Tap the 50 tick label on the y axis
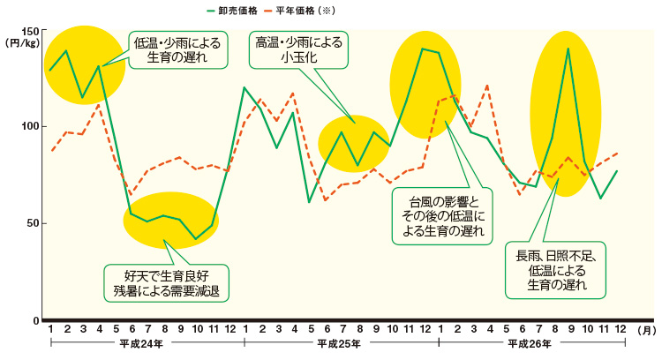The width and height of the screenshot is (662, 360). pos(31,223)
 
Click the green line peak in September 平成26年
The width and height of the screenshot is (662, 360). pos(568,49)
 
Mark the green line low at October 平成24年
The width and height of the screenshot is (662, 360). pos(196,239)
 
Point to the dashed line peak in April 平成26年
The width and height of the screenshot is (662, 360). pos(487,86)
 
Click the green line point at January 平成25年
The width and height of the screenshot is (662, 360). pos(244,87)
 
